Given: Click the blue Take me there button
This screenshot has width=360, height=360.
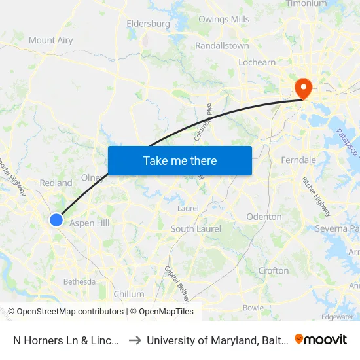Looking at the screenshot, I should coord(180,160).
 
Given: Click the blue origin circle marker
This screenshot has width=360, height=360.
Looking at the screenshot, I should coord(56,221).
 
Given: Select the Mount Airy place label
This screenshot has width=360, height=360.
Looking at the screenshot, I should coord(51,41).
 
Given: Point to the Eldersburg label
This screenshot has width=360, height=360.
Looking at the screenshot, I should coord(148,24).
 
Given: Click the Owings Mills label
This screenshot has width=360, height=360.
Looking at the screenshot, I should coord(224,20).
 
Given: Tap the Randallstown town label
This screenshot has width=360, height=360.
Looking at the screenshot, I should coord(222,46).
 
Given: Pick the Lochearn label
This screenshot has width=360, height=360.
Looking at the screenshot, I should coord(257,62).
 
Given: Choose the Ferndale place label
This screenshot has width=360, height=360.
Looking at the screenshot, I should coord(298,160).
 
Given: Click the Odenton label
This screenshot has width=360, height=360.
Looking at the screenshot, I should coord(264,217).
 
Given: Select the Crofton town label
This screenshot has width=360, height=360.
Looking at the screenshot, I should coord(273,270).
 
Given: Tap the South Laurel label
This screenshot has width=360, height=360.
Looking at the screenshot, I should coord(196,229).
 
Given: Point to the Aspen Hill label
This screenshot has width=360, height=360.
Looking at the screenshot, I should coord(90,223).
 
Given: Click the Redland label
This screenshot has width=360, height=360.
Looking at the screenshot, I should coord(56,183).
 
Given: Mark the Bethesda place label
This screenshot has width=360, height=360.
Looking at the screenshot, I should coord(79,282).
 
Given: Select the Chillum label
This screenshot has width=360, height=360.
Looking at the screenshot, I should coord(129,294).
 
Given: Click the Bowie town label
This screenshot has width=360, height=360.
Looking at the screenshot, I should coord(253,308).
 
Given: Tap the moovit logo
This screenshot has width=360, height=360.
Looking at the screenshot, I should coord(321,340).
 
